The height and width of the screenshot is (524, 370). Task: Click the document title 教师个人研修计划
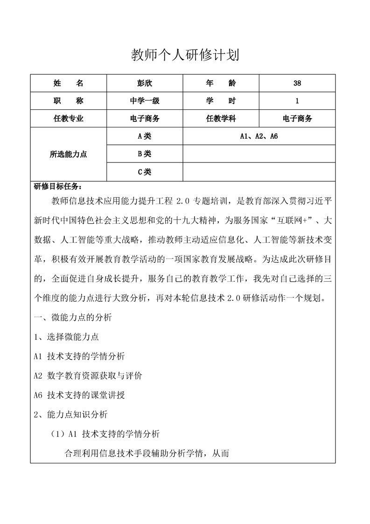185,56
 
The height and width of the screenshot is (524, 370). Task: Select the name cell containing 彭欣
145,83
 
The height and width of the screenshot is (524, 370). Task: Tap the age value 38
297,83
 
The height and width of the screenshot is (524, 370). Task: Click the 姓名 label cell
69,83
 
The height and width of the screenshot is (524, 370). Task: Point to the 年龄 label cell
221,83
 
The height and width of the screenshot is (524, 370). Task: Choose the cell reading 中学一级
145,101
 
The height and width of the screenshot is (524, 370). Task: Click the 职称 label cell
69,101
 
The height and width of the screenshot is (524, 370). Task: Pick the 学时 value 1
297,101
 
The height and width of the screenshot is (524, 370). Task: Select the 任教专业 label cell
69,119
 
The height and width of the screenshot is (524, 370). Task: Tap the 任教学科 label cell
221,119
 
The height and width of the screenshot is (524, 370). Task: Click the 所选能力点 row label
69,154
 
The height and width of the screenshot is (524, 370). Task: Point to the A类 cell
145,136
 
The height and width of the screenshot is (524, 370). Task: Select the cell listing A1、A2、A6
259,136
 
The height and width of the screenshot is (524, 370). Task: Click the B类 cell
145,154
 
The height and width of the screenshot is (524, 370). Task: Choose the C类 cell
145,171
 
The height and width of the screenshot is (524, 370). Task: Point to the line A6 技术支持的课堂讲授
79,395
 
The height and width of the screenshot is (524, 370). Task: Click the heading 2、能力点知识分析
71,414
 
